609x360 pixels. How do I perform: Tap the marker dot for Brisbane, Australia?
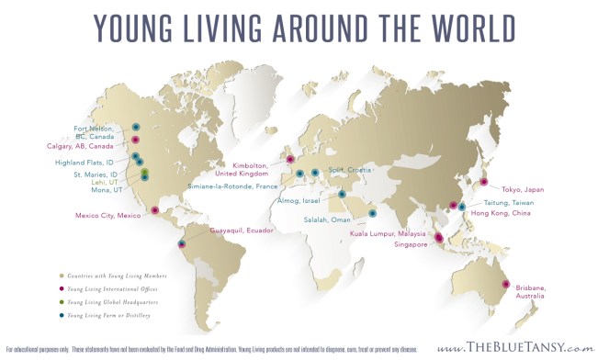pos(504,286)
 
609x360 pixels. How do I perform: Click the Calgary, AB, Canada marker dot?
pos(136,141)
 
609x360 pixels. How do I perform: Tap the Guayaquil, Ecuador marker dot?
pos(182,243)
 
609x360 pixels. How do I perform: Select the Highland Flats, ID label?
pos(91,162)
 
